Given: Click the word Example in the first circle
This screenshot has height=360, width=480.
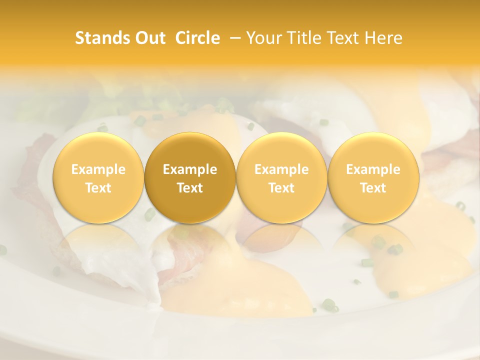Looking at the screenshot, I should coord(98,169).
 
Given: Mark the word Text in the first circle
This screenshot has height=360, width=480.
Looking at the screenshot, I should coord(98,188).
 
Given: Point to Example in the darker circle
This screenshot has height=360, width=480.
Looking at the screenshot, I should coord(190,169).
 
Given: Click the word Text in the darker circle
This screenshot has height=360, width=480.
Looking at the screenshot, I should coord(190,188).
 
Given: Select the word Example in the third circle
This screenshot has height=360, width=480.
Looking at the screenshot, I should coord(281,169).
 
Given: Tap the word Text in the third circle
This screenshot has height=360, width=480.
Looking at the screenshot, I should coord(281,188).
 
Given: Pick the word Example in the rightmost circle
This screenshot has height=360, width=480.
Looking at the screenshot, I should coord(373,169).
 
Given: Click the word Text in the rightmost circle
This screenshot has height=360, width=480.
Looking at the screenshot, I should coord(373,188).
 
